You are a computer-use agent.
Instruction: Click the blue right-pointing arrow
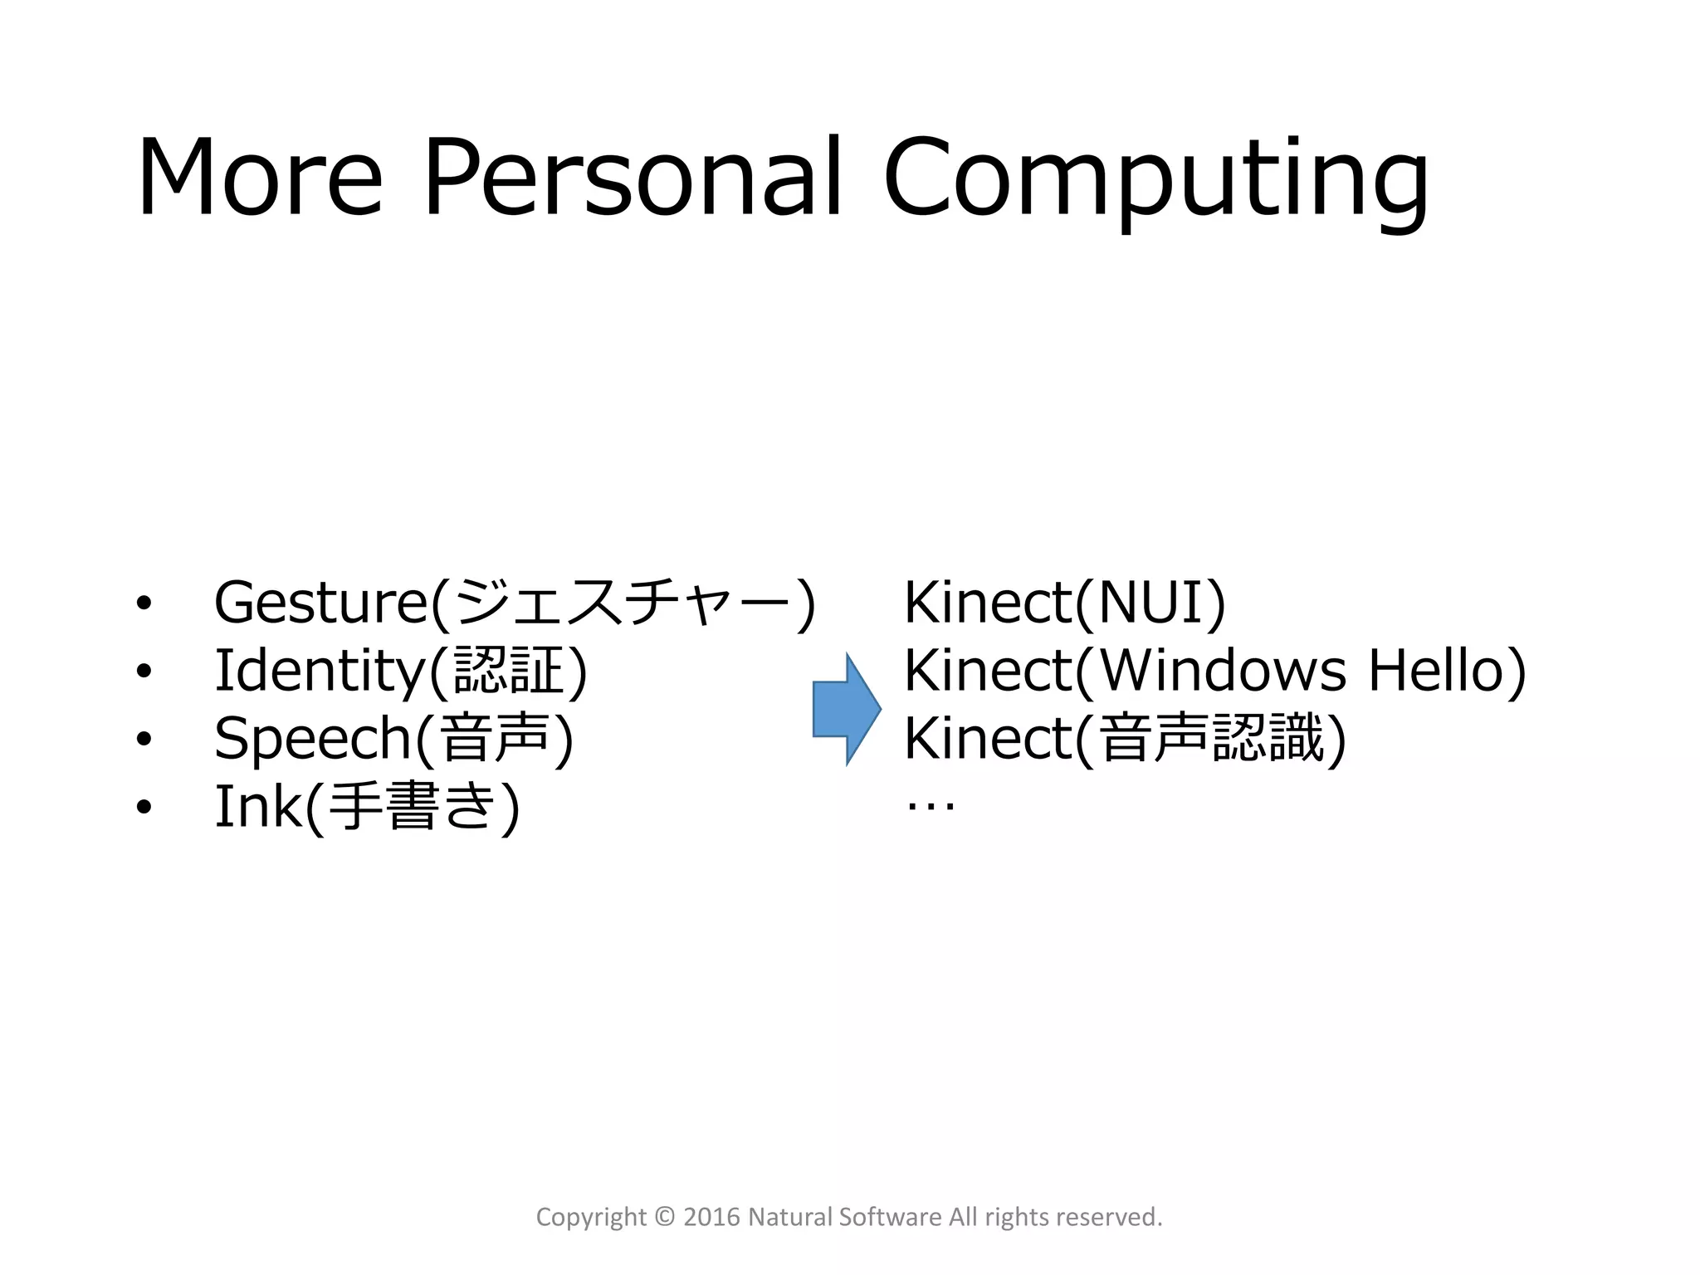tap(846, 709)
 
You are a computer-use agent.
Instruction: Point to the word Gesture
tap(320, 603)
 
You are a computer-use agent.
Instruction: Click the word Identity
tap(320, 671)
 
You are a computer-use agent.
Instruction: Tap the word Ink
tap(258, 807)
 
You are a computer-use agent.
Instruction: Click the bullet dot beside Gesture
tap(144, 603)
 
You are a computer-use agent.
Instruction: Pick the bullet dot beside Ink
tap(144, 807)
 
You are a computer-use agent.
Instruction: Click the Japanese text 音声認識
tap(1211, 739)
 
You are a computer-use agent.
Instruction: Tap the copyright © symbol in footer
tap(665, 1217)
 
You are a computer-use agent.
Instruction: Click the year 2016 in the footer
tap(711, 1217)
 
